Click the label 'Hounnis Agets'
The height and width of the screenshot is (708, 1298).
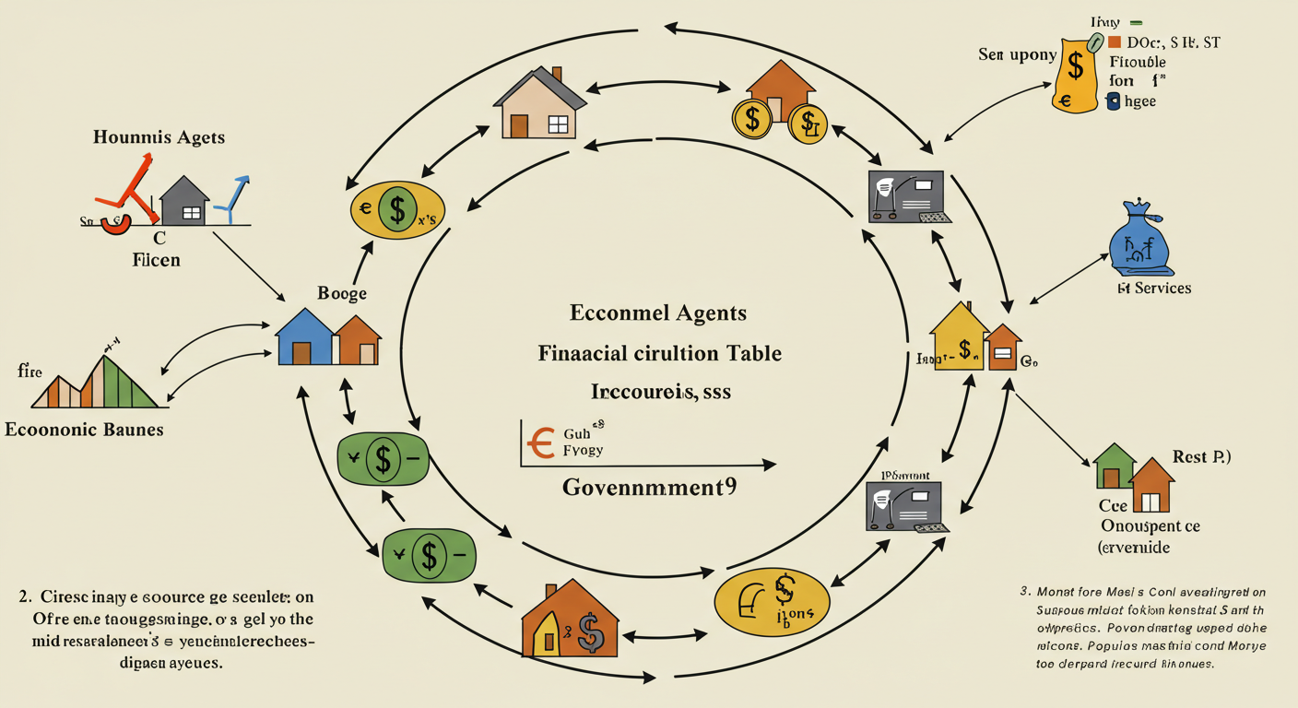pos(159,137)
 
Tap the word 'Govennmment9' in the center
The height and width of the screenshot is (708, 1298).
pos(649,487)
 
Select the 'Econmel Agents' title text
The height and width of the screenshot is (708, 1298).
pos(657,313)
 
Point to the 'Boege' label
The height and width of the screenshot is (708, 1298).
pos(342,294)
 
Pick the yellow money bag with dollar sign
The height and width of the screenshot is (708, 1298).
pos(1077,73)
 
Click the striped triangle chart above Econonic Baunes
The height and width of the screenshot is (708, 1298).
pos(100,378)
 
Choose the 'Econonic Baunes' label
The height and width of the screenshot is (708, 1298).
pos(85,430)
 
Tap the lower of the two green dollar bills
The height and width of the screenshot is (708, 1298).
pos(428,555)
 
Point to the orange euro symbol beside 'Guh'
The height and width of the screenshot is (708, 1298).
pos(538,442)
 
